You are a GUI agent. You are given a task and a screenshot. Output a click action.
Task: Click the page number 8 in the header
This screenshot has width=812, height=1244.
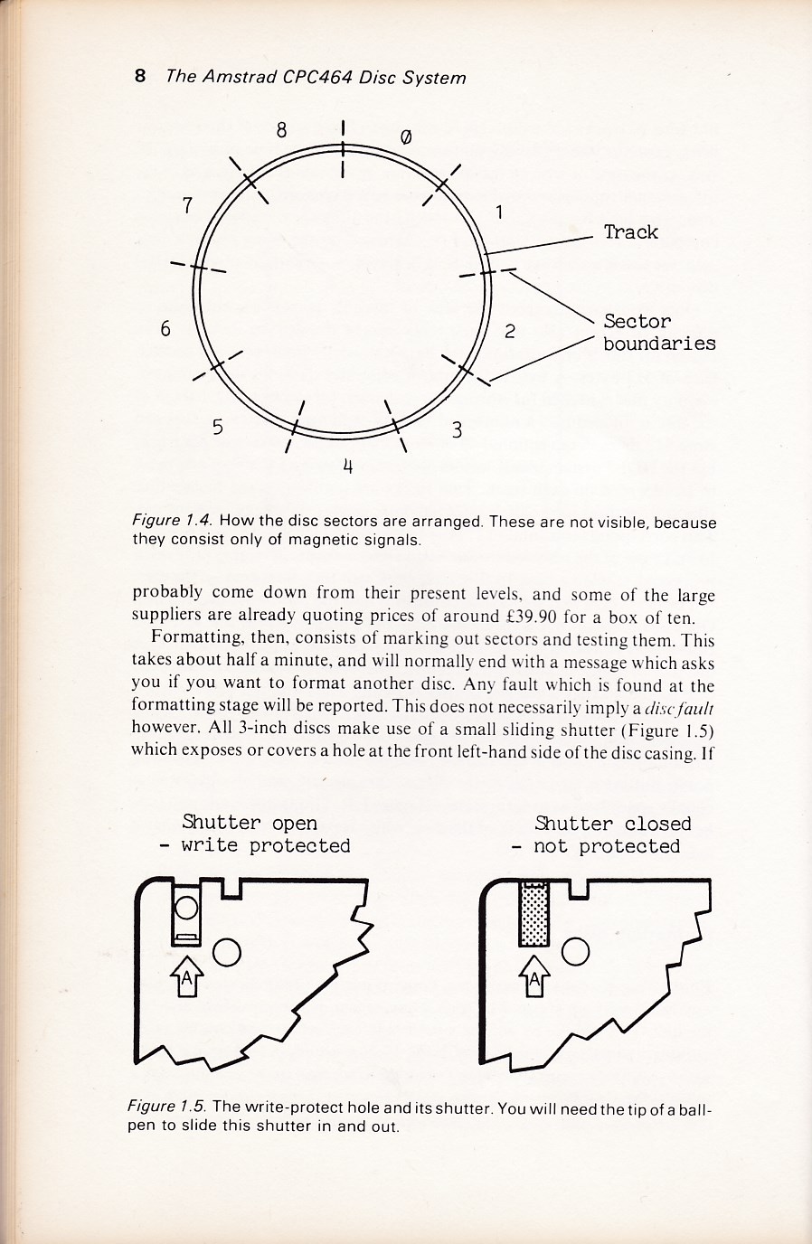140,76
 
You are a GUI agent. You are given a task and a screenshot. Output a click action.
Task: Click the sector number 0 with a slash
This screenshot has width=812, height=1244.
405,137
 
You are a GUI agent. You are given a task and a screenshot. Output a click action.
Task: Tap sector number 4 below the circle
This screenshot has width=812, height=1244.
347,466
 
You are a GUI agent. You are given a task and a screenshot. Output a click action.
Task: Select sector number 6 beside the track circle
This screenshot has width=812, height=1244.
165,328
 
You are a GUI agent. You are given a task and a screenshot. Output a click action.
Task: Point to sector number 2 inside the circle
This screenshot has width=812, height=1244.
510,331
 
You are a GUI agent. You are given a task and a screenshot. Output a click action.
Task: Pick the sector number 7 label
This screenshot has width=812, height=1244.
187,205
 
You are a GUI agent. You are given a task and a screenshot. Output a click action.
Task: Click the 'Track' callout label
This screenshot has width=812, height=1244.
630,232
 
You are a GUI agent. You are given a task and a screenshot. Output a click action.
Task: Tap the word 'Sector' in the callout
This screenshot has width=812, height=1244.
637,321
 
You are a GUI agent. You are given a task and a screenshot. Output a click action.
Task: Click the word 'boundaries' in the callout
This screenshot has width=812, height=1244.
659,344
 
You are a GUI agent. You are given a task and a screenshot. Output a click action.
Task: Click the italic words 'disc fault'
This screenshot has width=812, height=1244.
678,707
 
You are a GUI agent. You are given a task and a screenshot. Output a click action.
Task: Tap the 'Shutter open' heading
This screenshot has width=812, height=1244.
250,823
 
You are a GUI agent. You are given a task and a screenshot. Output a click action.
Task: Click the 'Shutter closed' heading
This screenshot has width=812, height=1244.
612,824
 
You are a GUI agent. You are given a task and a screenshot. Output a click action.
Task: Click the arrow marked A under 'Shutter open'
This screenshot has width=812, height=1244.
187,975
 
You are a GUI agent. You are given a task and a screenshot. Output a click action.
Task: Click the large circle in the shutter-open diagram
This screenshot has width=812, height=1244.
227,951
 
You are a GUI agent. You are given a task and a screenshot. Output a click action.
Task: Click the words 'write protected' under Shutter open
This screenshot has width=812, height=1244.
265,846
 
